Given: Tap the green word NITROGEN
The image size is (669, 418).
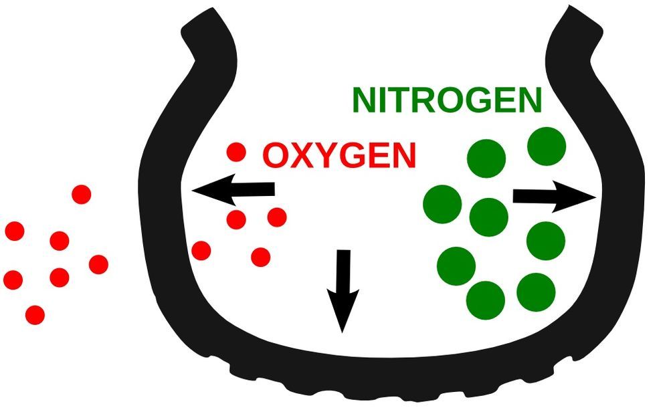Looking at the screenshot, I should [x=446, y=100].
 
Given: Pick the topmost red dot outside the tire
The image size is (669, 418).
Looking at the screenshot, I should [x=82, y=195].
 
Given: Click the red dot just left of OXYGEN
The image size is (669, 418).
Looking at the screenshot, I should [x=235, y=152].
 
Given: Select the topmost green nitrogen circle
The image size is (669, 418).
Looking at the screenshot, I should [x=547, y=146].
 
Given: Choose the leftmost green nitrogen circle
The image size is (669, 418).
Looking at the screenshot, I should [x=442, y=203].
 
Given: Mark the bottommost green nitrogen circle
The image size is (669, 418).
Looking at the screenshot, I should [x=486, y=300].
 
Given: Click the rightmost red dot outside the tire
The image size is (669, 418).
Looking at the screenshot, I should [x=98, y=264].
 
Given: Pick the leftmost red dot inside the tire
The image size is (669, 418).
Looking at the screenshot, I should [x=201, y=251].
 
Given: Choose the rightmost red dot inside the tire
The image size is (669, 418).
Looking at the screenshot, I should [x=277, y=217].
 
